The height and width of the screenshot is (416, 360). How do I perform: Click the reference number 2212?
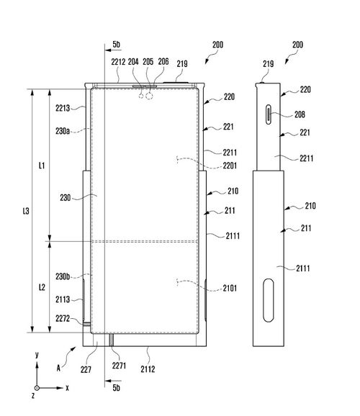point(118,62)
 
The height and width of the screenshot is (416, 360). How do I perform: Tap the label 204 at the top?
point(133,62)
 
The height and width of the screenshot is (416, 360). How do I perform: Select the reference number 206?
point(163,62)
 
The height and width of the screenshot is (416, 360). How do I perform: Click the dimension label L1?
point(42,166)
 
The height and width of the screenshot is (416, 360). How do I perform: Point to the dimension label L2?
point(42,287)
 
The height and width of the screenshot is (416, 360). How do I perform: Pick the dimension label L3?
point(26,211)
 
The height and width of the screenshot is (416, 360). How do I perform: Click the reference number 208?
point(300,114)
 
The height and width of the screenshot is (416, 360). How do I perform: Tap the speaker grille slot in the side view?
point(269,114)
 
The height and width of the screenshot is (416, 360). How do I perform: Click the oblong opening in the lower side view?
point(269,300)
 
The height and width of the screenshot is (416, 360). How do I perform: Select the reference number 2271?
point(119,366)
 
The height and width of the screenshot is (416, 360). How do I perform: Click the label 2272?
point(63,318)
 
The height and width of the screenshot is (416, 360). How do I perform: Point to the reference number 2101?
point(230,288)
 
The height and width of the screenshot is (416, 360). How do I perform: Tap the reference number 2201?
point(230,166)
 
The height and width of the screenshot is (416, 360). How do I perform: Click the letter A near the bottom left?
point(58,368)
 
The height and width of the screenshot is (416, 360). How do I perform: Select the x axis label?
point(67,388)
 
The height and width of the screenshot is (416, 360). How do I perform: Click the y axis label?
point(37,355)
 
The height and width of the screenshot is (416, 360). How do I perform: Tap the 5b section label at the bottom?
point(117,388)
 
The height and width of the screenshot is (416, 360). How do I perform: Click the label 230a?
point(63,131)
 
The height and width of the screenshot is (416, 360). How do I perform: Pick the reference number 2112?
point(148,369)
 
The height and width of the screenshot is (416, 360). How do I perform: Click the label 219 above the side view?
point(268,63)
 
